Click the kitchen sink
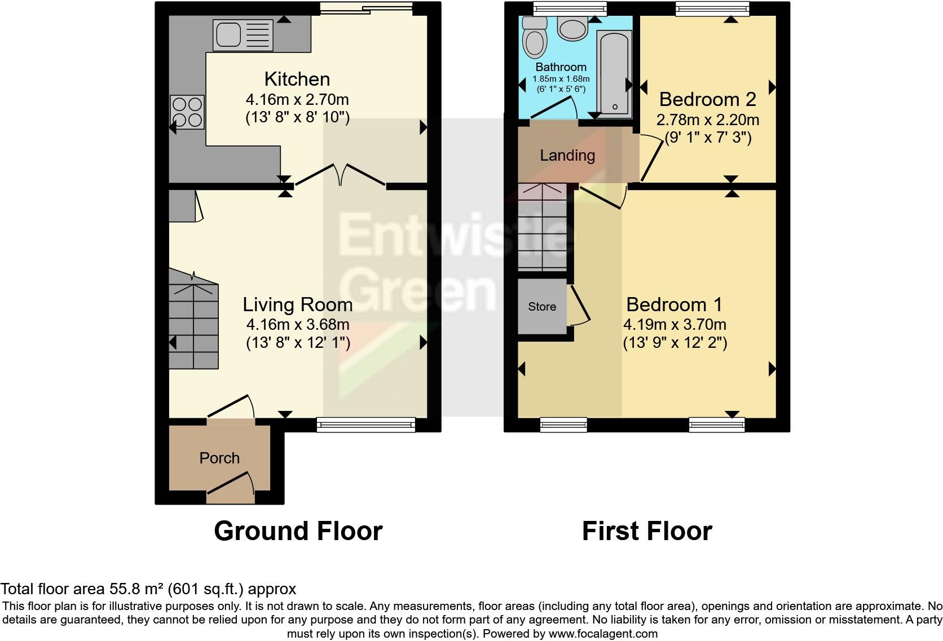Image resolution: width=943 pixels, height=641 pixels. [x=243, y=34]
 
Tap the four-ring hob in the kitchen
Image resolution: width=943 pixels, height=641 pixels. [x=187, y=112]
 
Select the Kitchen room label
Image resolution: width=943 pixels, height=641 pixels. [x=297, y=79]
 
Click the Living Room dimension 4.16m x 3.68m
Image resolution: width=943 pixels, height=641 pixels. [x=297, y=325]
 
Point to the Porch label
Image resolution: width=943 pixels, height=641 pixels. [x=219, y=458]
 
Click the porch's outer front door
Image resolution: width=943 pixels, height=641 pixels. [x=230, y=488]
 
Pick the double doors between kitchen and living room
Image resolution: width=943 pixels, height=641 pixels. [x=340, y=174]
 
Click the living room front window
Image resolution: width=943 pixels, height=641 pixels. [x=366, y=425]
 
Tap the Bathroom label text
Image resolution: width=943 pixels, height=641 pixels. [x=561, y=67]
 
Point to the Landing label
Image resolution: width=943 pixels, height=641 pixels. [x=567, y=156]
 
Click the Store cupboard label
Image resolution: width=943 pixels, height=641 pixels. [x=542, y=307]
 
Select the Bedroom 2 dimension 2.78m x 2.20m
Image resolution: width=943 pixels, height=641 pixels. [x=707, y=120]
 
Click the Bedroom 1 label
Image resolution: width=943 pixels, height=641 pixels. [x=674, y=304]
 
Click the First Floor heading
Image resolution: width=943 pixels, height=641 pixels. [x=647, y=531]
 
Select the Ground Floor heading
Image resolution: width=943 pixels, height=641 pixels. [x=298, y=531]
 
